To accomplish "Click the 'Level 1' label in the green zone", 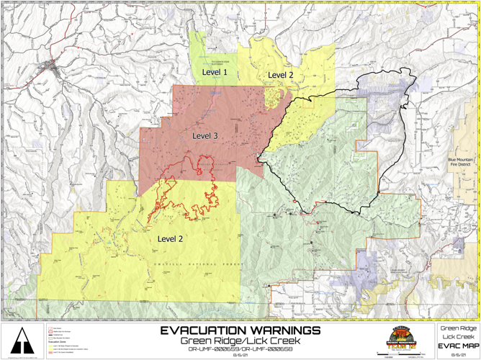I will point(214,73).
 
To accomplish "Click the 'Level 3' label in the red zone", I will point(205,135).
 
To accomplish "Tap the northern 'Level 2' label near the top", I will point(281,75).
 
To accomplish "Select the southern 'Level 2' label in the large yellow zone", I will point(170,238).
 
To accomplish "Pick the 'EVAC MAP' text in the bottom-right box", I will point(459,346).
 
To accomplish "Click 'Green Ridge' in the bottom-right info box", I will point(459,328).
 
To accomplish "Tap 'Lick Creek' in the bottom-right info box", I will point(459,336).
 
